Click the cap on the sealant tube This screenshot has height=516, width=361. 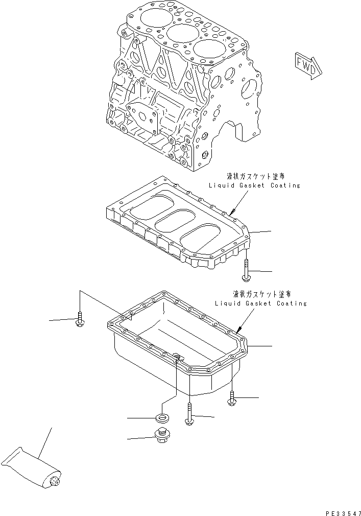[55, 482]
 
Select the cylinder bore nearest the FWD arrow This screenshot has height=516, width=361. [209, 51]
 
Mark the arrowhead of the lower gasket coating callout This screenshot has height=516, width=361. [238, 326]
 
